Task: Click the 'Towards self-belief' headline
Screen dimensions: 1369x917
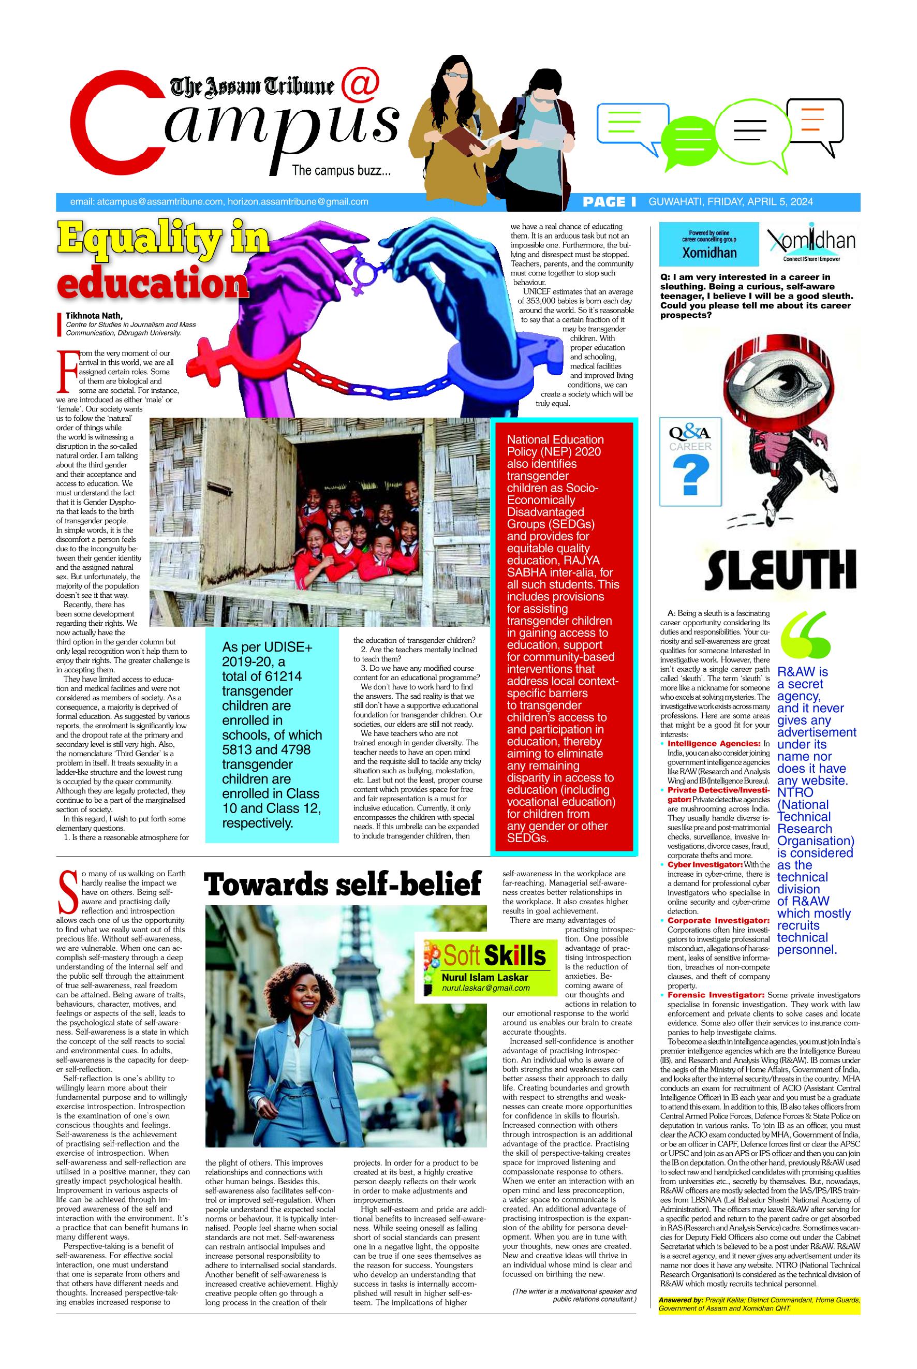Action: pyautogui.click(x=343, y=884)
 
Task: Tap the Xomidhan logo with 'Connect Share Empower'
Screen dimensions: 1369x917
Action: pyautogui.click(x=810, y=244)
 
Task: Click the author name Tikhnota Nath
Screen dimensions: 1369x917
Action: pyautogui.click(x=94, y=316)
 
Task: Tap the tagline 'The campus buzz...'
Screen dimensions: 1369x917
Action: pyautogui.click(x=341, y=171)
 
